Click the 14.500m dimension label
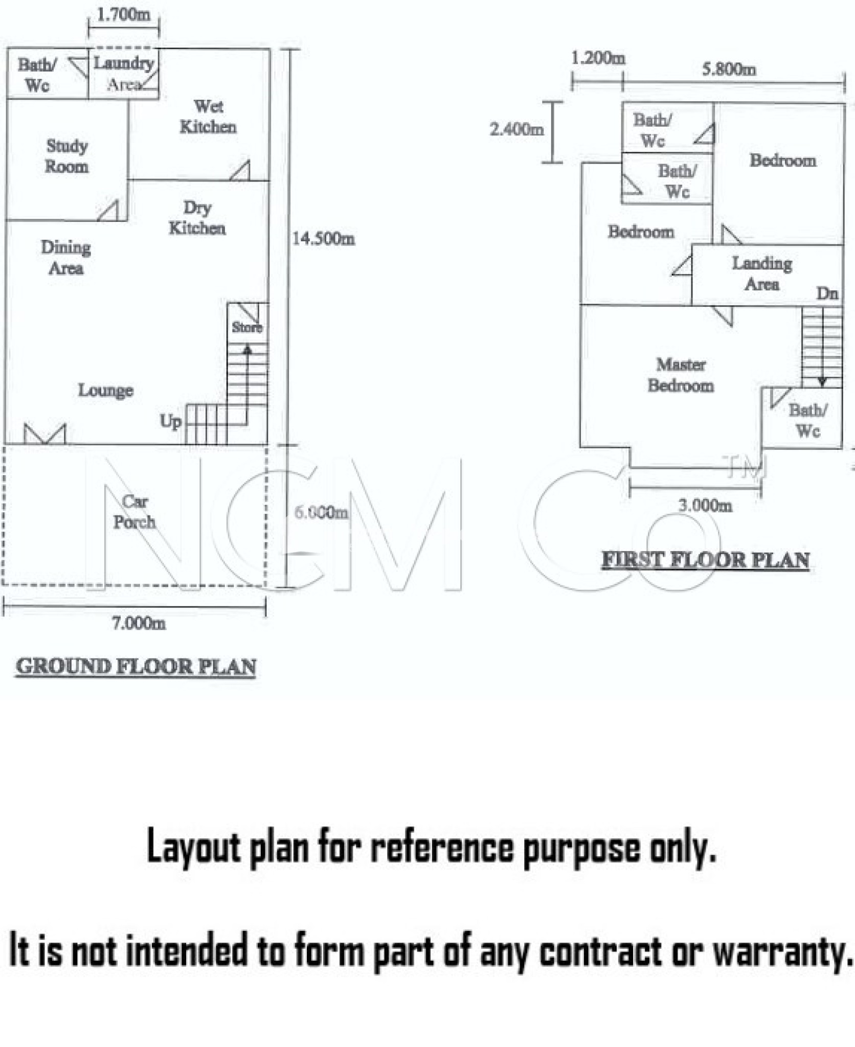(323, 238)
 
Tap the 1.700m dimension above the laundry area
(124, 15)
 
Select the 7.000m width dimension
(139, 623)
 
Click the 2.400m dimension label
(516, 129)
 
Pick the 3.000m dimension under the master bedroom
(705, 505)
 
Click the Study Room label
(66, 156)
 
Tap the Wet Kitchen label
(208, 117)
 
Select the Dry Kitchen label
(197, 218)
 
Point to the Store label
(247, 327)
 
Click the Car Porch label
(134, 512)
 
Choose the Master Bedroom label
(681, 375)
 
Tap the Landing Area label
(762, 274)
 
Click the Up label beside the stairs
(170, 422)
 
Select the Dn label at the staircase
(827, 293)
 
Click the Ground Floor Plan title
(136, 667)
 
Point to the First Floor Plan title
(706, 560)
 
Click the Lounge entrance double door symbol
(45, 434)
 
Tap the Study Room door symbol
(108, 211)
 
